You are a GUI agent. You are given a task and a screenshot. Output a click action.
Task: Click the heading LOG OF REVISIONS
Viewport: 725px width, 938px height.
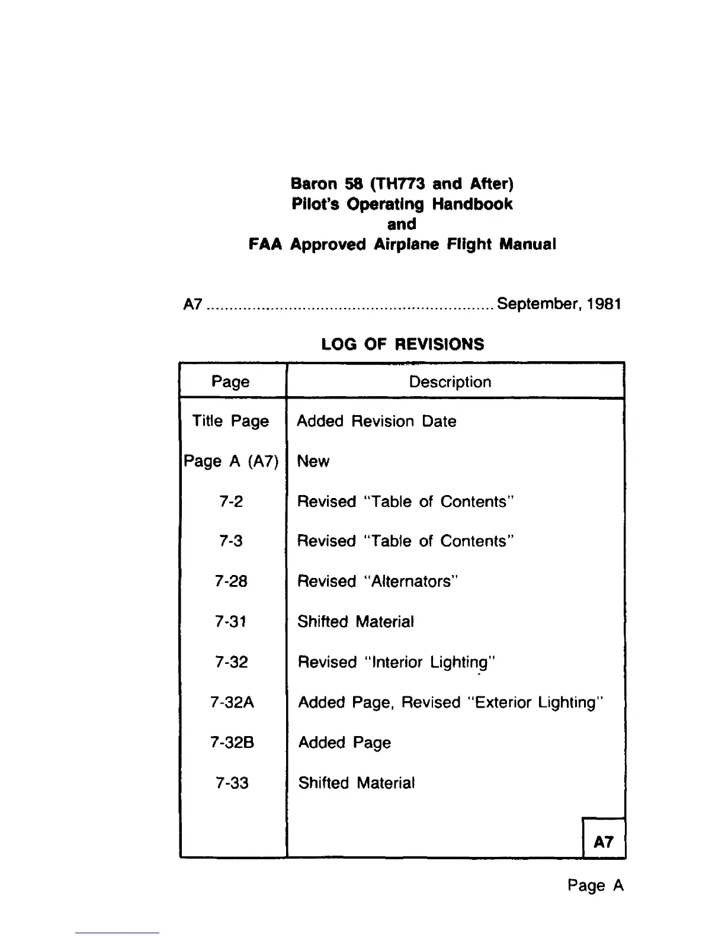click(x=402, y=344)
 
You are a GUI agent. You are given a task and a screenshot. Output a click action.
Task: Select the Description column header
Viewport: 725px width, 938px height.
click(x=450, y=382)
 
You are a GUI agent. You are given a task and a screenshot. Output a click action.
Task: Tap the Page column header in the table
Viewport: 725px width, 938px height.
click(x=230, y=382)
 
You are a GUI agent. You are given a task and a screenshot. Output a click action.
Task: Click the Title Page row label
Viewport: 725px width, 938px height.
click(x=230, y=421)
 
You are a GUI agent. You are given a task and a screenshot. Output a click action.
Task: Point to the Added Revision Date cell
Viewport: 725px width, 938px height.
click(x=377, y=421)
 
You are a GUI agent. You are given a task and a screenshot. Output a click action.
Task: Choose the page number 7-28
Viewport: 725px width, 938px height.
click(x=231, y=581)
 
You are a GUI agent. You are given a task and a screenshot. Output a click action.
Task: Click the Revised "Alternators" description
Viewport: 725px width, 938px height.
click(x=378, y=581)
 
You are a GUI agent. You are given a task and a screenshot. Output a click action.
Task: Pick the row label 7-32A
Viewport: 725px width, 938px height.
click(x=232, y=702)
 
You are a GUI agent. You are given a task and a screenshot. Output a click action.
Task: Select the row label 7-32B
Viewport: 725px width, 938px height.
click(x=232, y=743)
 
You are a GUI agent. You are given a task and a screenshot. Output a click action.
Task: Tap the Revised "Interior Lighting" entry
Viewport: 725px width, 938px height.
click(x=396, y=662)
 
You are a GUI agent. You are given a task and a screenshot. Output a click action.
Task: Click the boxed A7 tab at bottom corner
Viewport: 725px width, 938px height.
click(x=604, y=841)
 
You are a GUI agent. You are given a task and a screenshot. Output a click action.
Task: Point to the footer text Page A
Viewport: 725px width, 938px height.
click(x=595, y=885)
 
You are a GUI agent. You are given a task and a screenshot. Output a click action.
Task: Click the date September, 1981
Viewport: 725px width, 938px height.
click(x=559, y=304)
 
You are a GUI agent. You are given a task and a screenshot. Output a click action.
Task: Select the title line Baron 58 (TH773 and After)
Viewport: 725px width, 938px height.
click(x=402, y=184)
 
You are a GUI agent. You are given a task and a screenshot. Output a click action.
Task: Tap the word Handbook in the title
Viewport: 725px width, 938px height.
click(x=472, y=204)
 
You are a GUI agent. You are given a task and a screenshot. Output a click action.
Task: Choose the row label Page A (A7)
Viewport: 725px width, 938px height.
click(x=231, y=461)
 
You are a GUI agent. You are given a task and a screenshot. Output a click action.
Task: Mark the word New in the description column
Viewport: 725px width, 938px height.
click(x=313, y=461)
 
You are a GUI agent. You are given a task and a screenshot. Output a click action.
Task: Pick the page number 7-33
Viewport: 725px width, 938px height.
click(x=232, y=783)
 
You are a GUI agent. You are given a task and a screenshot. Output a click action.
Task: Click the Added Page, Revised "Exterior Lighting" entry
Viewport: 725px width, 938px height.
click(x=451, y=702)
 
